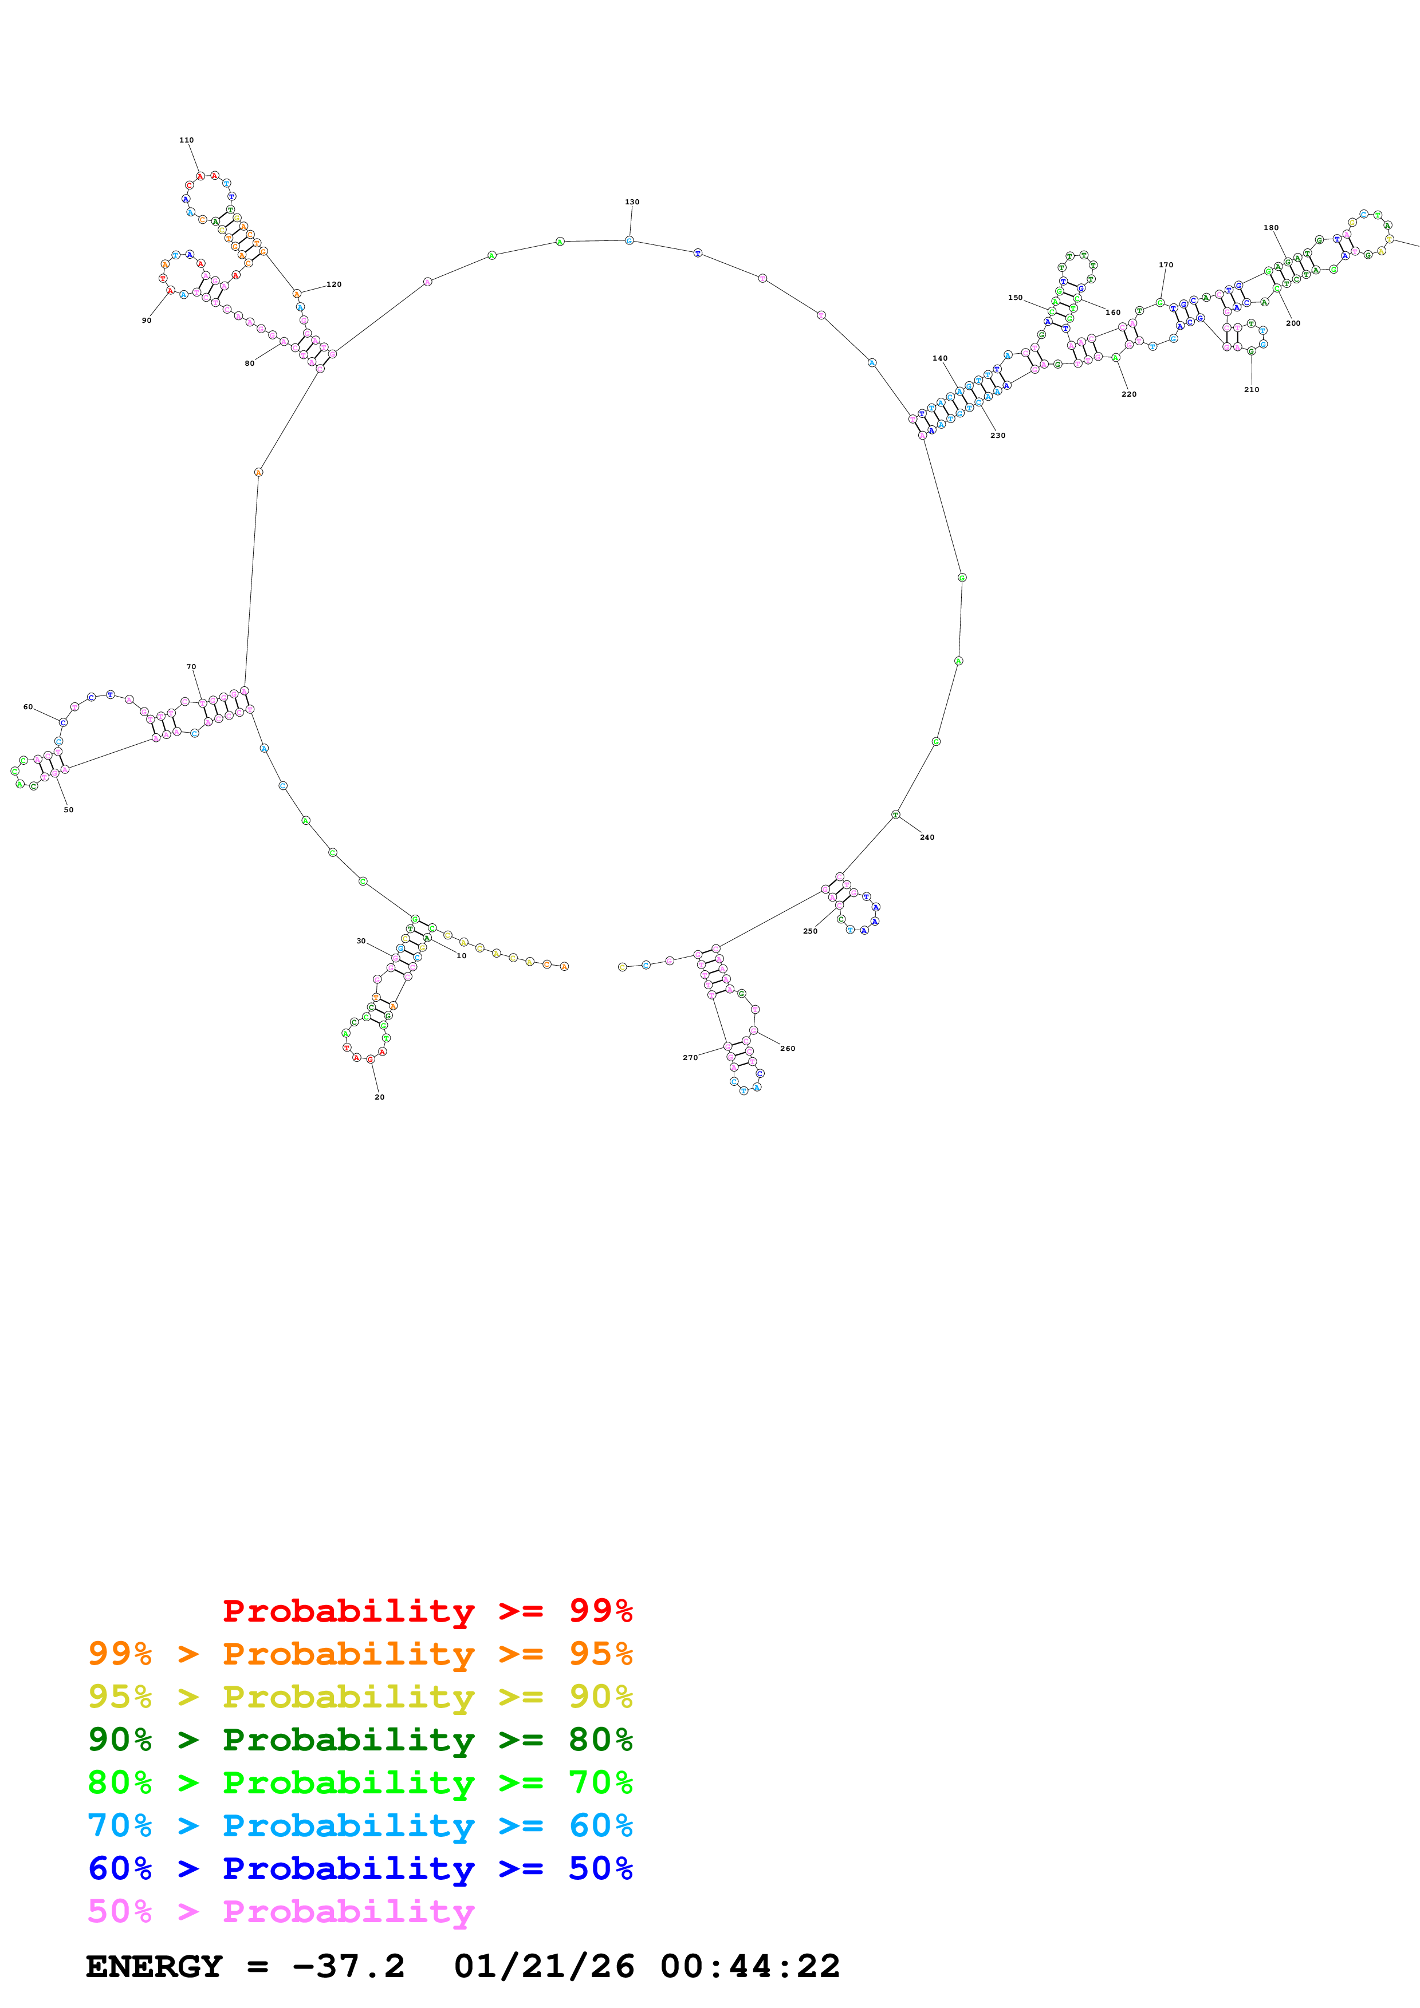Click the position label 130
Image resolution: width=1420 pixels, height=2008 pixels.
(632, 202)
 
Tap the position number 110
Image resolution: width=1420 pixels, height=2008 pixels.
(186, 140)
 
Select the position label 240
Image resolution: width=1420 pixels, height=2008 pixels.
(927, 837)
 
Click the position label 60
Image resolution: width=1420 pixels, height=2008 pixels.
(28, 707)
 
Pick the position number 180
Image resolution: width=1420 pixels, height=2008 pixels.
(1270, 227)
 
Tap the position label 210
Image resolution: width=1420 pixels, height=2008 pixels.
(1251, 389)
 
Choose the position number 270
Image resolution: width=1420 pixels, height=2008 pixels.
(690, 1057)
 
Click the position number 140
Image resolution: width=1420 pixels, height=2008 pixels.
(939, 358)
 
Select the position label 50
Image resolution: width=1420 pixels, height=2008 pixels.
(68, 810)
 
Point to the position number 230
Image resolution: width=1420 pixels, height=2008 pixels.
(997, 436)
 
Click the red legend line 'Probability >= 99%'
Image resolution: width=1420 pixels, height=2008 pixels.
(427, 1610)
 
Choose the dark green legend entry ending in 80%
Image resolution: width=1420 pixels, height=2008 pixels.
(360, 1740)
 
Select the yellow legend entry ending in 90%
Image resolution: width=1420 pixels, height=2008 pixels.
(360, 1697)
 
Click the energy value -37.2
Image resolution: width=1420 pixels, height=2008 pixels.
(348, 1967)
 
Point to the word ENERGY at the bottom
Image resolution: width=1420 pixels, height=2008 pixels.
(154, 1967)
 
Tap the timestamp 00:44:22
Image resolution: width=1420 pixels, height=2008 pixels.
(750, 1967)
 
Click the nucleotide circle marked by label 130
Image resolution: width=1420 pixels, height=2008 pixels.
(629, 240)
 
